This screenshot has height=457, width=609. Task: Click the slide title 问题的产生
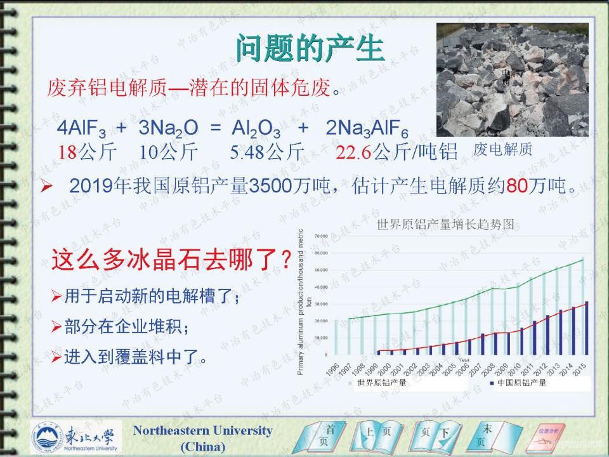310,48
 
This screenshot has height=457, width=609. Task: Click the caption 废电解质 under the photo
502,149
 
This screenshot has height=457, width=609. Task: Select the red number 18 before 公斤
67,152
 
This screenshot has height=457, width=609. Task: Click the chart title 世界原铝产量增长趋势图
445,224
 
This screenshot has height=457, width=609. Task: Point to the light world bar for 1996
336,336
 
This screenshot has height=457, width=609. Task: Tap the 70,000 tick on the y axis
318,235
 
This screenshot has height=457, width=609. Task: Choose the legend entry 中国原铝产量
521,383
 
